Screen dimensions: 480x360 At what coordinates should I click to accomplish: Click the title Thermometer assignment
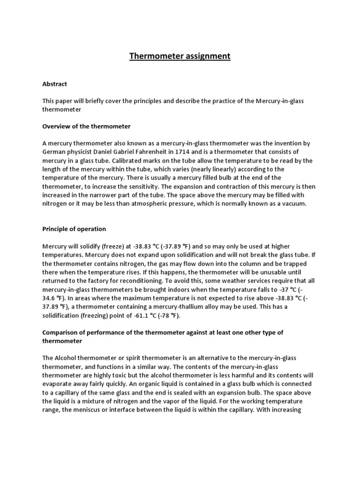(180, 56)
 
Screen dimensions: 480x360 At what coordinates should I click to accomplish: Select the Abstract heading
(55, 84)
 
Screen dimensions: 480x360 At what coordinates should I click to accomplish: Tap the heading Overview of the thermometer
(86, 126)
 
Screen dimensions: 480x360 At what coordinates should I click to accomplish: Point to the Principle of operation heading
(74, 229)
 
